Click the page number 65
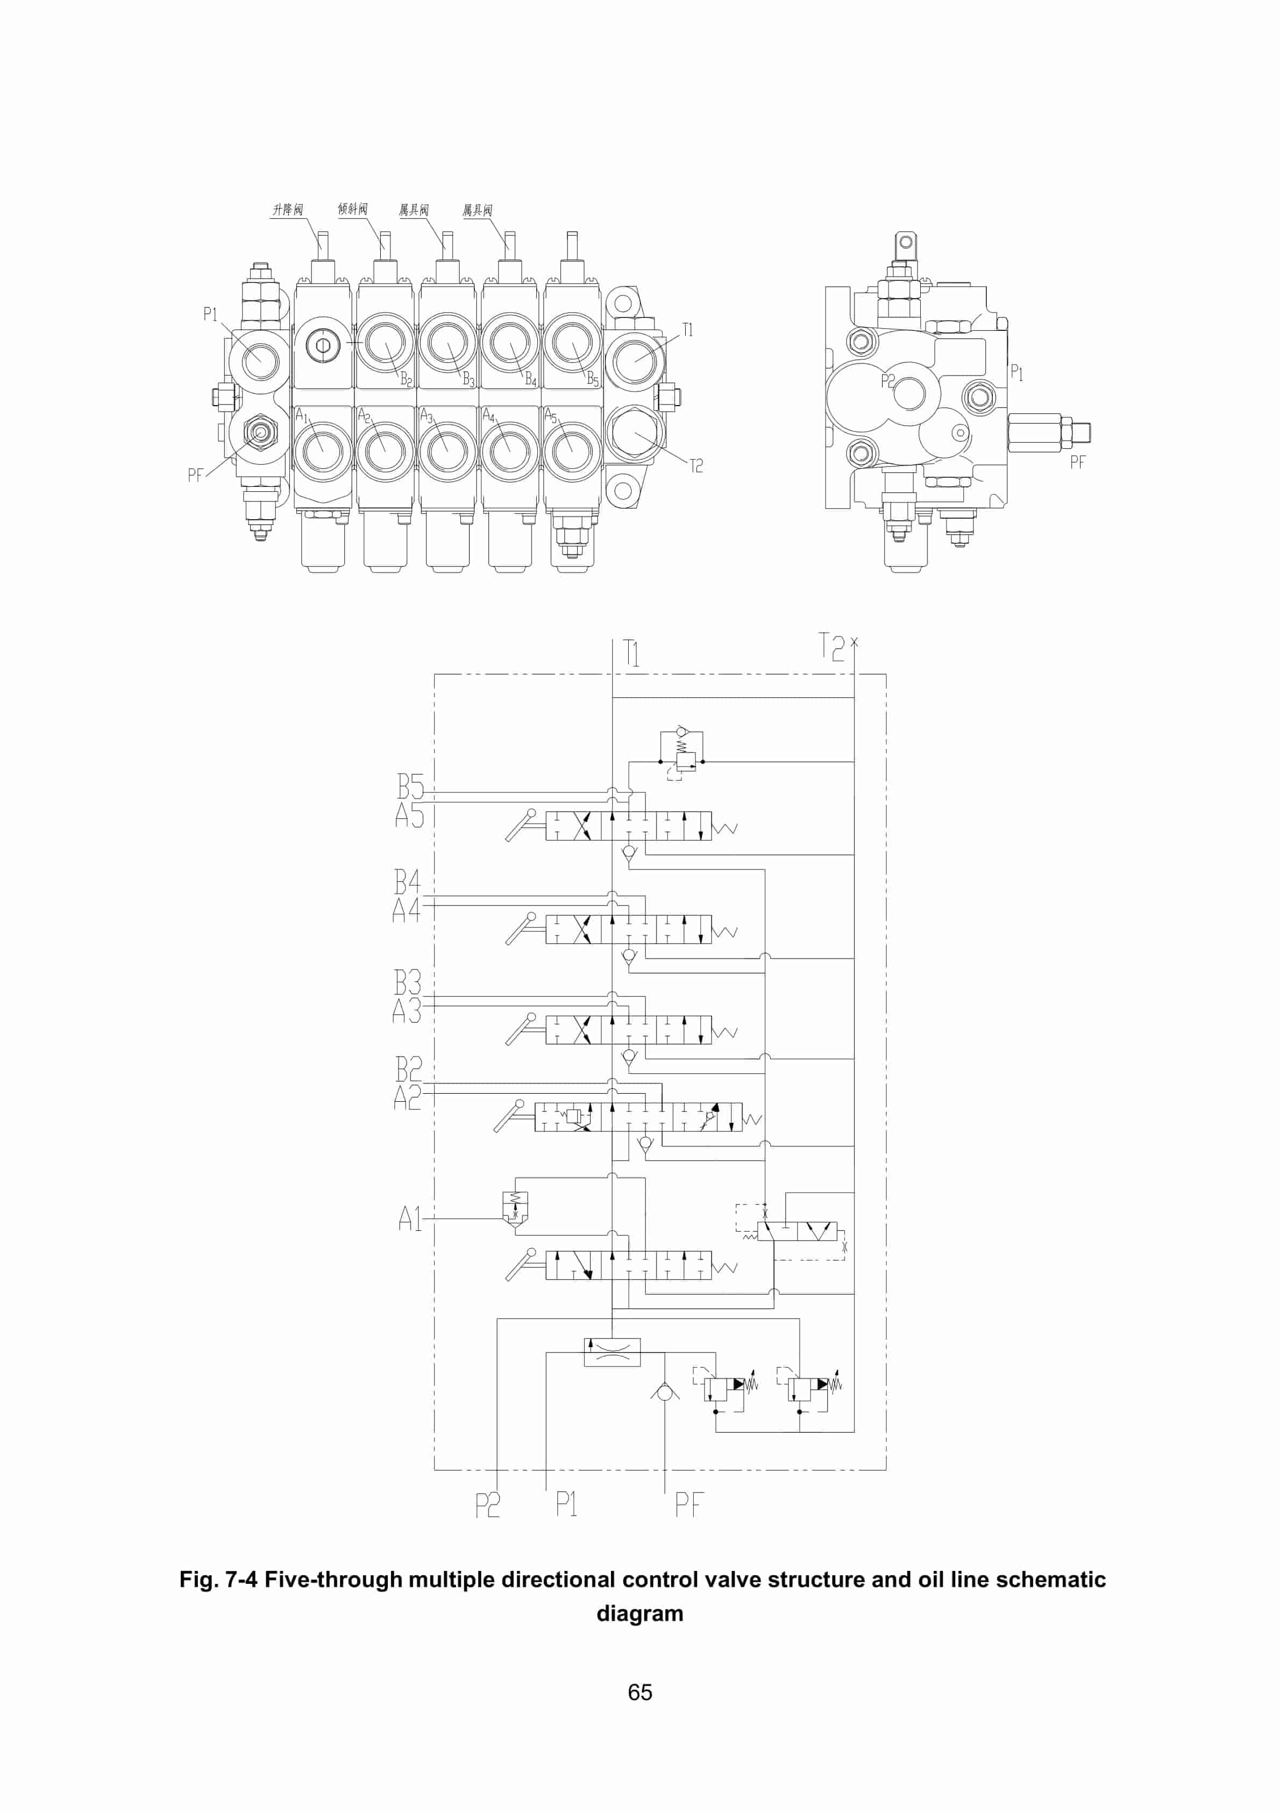[x=639, y=1691]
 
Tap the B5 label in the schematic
[x=410, y=787]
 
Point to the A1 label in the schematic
[x=410, y=1219]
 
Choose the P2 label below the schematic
[x=487, y=1505]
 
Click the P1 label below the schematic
[x=566, y=1503]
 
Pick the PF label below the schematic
[x=689, y=1504]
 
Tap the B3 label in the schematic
[x=407, y=982]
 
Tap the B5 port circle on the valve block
[x=572, y=343]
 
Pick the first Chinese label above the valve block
[x=287, y=210]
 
